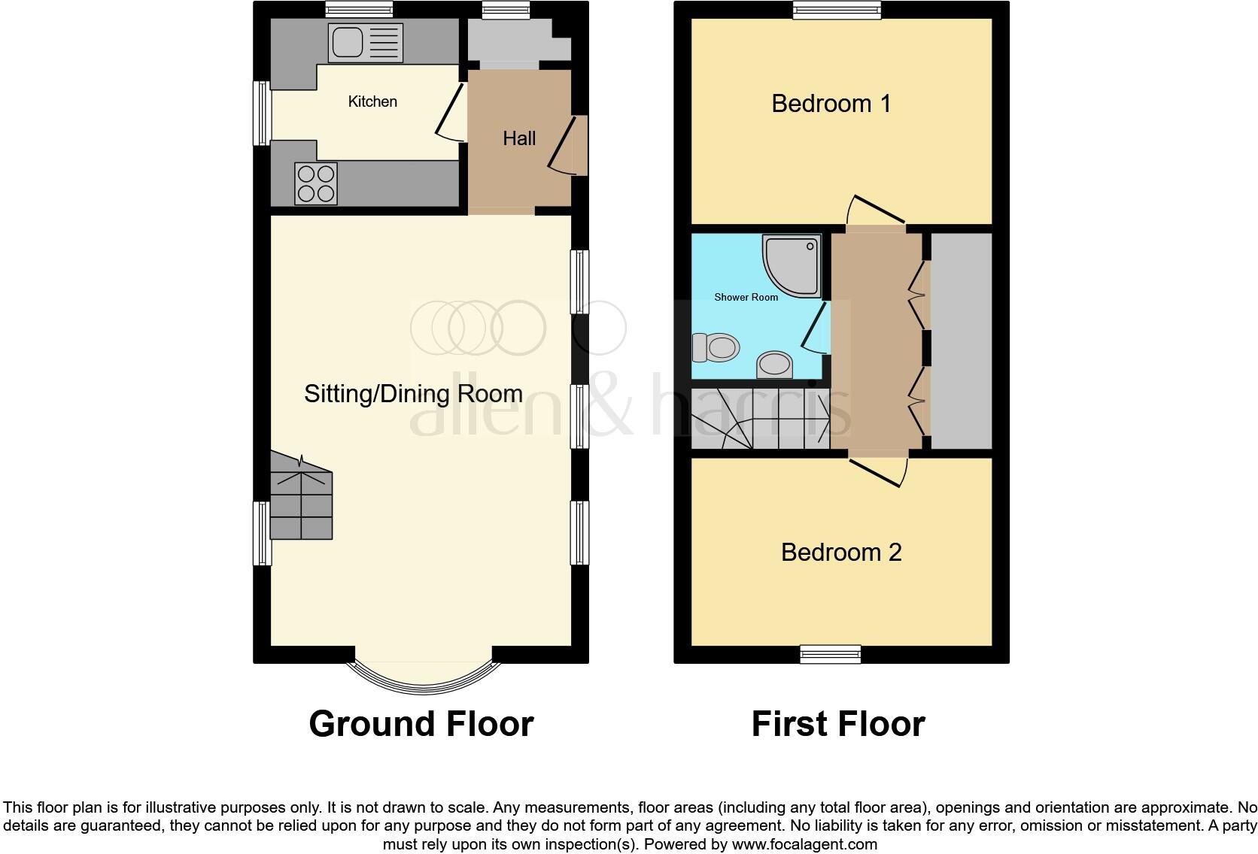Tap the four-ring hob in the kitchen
[x=316, y=183]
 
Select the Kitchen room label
[x=372, y=101]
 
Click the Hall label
[x=519, y=138]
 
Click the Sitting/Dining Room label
[x=413, y=394]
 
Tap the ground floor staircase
[x=301, y=500]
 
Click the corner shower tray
[x=792, y=265]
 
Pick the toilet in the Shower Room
[x=716, y=347]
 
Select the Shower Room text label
[x=746, y=297]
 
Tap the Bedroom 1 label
[x=831, y=103]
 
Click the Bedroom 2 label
[x=840, y=553]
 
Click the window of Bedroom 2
[x=831, y=654]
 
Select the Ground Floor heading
[x=421, y=724]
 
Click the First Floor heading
[x=837, y=724]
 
